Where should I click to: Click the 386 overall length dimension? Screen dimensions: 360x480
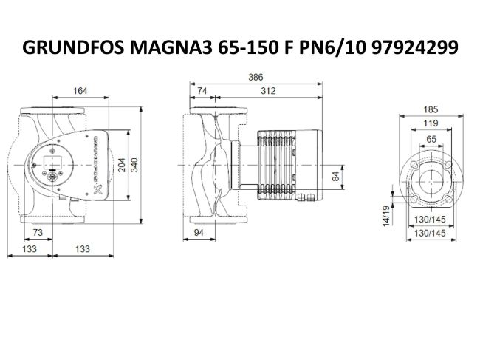(256, 78)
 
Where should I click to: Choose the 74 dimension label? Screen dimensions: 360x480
(203, 91)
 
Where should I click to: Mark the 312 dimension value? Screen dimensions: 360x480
(269, 91)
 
